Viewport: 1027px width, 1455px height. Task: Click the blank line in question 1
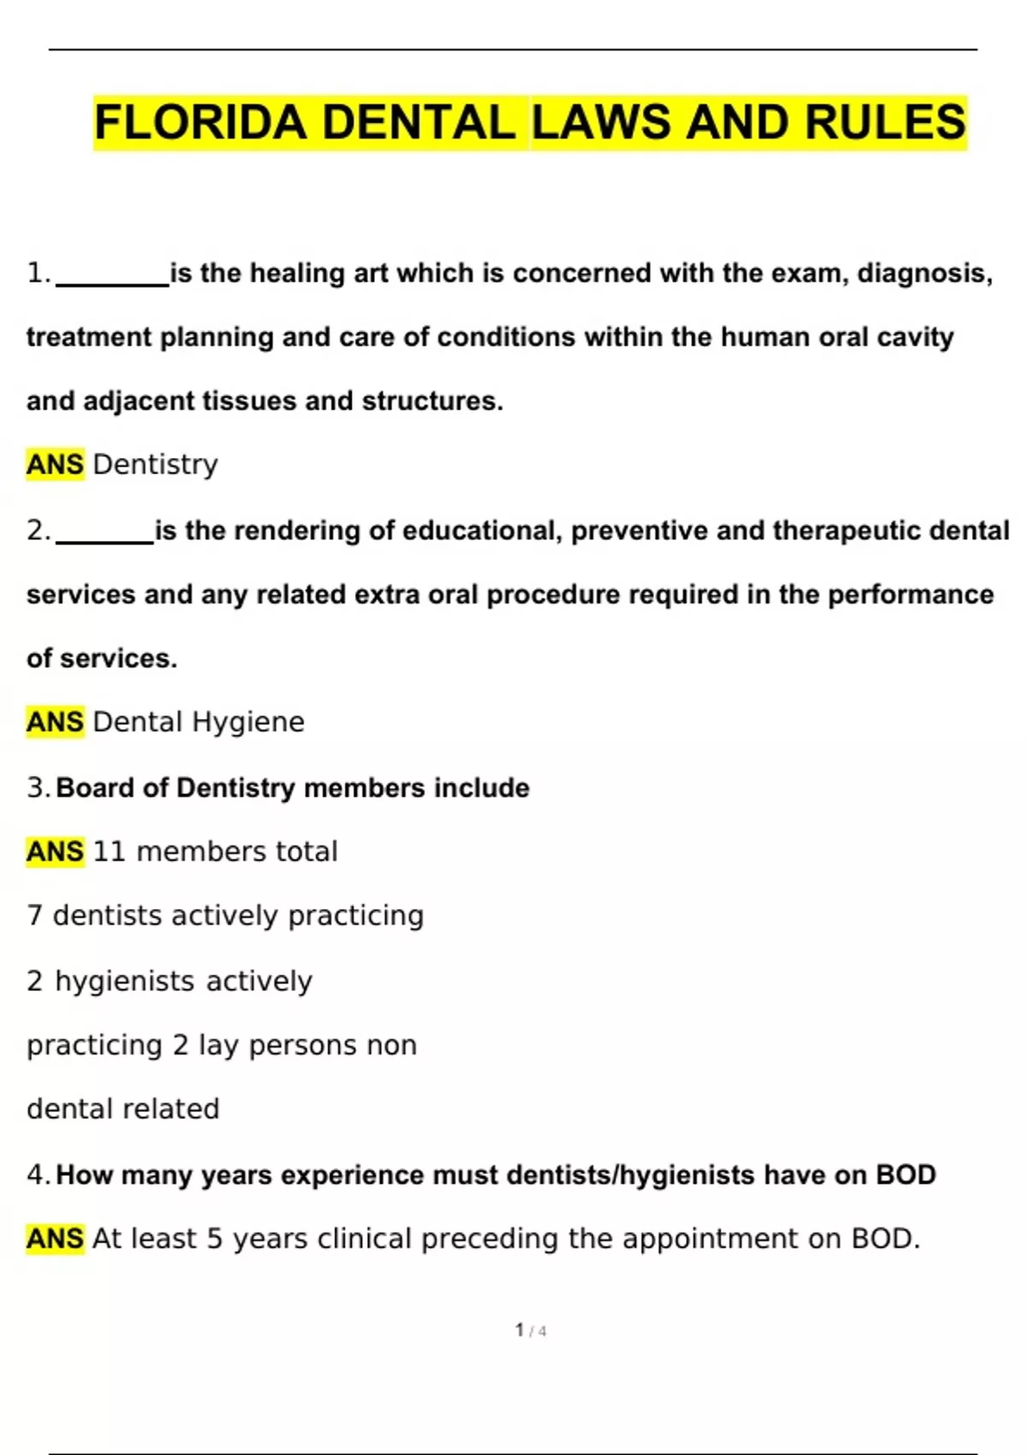click(112, 282)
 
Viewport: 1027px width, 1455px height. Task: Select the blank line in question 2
click(104, 540)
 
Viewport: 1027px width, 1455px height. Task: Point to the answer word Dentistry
click(155, 465)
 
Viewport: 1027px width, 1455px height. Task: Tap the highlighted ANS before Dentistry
click(56, 465)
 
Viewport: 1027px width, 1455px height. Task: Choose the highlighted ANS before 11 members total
click(56, 852)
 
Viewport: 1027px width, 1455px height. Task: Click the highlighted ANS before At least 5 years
click(56, 1238)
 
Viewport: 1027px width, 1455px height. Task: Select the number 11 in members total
click(109, 852)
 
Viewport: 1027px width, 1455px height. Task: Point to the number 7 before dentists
click(34, 916)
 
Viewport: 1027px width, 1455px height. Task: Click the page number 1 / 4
click(531, 1330)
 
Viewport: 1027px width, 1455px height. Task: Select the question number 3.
click(38, 787)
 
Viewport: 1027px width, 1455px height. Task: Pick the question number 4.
click(38, 1174)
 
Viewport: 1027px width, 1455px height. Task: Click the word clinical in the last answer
click(364, 1238)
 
